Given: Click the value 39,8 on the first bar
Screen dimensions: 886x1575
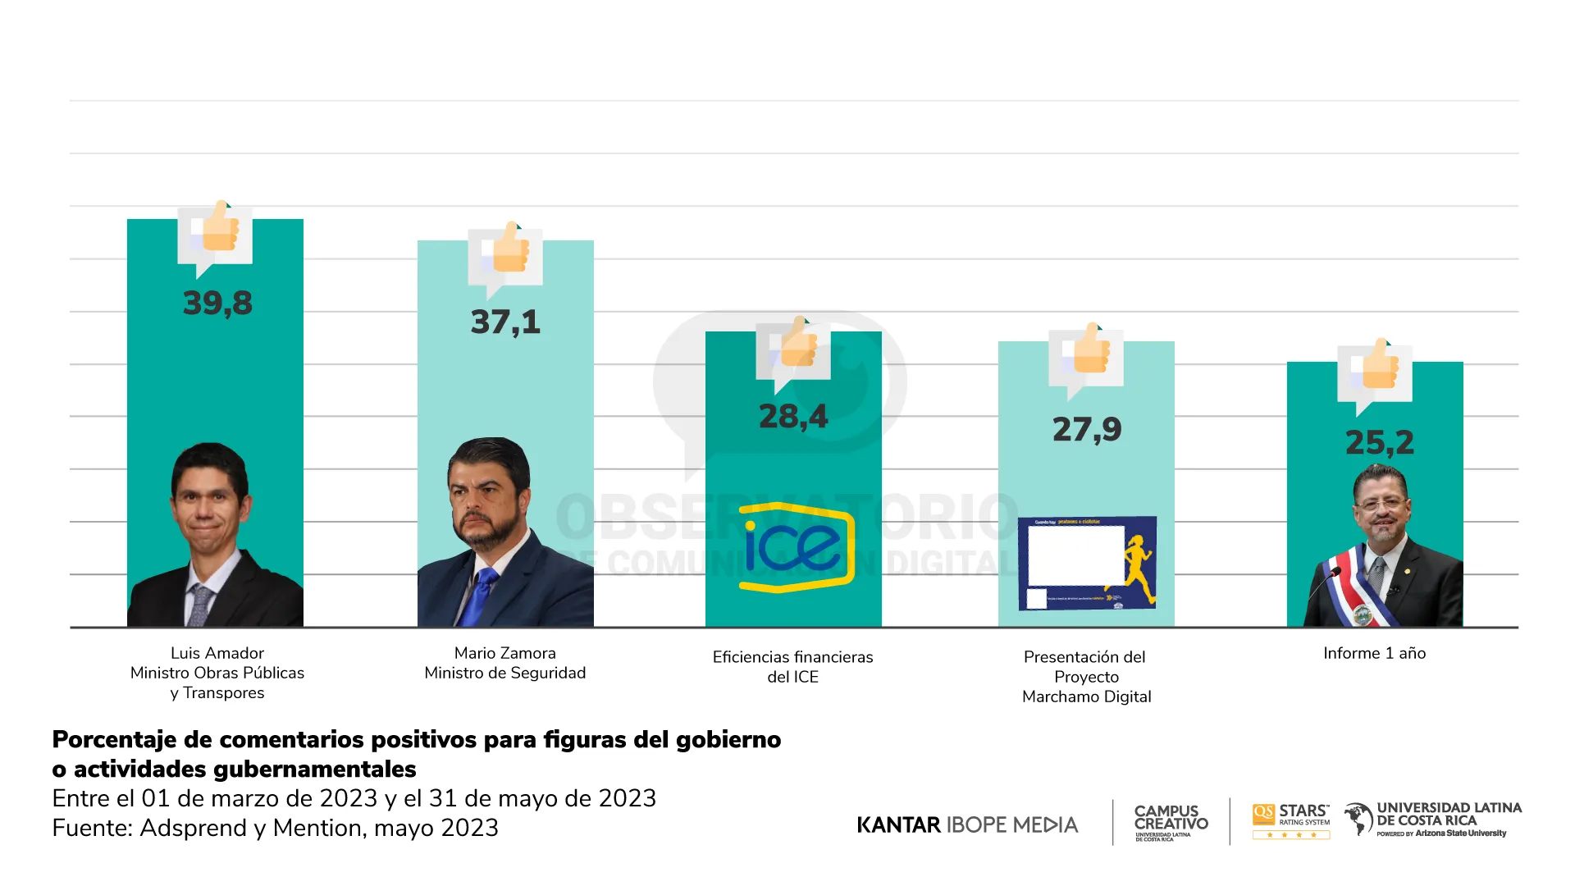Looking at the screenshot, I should (217, 304).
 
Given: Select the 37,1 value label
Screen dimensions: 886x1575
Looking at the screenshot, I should (505, 322).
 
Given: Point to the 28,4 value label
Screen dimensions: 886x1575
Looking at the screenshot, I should (793, 417).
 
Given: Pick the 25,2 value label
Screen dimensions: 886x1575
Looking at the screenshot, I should (1380, 443).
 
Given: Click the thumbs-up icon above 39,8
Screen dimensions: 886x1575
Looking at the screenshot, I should (218, 230).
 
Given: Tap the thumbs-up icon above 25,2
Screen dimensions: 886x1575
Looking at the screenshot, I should (1378, 368).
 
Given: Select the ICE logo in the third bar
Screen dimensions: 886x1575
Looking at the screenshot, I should (796, 547).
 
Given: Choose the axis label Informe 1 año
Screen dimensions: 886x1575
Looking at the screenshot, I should (1374, 654).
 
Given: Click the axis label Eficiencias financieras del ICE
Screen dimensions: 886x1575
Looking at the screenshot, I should (792, 667).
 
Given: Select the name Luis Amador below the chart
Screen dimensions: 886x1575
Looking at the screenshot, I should (217, 654).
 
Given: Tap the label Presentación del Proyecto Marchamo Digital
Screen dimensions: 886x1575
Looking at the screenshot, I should (1086, 677).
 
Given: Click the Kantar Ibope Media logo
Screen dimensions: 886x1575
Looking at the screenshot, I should (967, 824).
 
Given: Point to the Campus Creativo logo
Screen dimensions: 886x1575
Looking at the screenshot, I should (1171, 821).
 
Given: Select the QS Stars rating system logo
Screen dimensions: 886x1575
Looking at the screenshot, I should (1291, 820).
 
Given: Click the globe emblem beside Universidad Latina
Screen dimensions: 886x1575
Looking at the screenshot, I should (1358, 819).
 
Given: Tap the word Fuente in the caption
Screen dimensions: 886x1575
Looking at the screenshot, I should (91, 829).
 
